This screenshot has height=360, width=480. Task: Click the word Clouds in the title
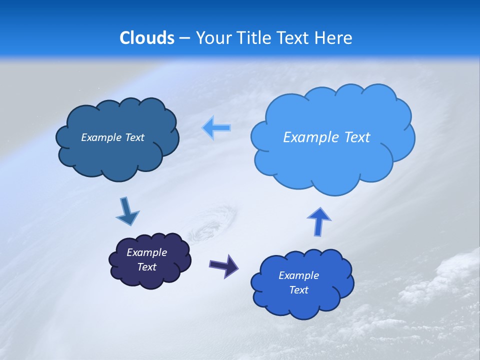147,38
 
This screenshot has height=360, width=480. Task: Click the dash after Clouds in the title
184,38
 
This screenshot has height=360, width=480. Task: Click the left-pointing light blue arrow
216,128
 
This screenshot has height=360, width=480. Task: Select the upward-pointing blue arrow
319,221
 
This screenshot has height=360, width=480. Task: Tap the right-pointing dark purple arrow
224,265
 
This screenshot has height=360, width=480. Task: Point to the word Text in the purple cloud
147,267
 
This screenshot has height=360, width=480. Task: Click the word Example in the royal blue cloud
298,275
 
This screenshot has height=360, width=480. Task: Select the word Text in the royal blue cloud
298,290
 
